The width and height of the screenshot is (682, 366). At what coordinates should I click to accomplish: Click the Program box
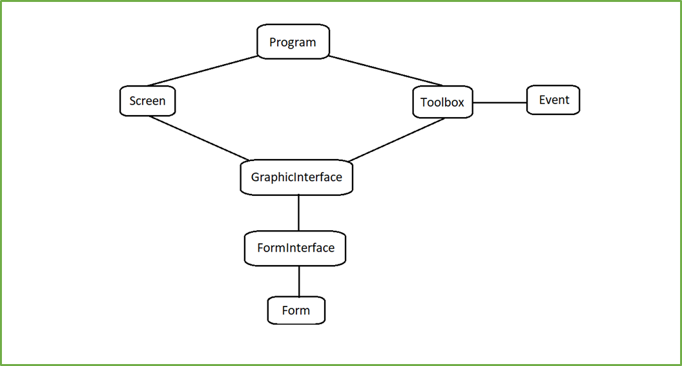[293, 42]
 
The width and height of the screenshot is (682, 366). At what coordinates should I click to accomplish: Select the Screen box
[148, 101]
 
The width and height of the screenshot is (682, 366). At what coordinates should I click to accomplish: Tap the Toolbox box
[442, 102]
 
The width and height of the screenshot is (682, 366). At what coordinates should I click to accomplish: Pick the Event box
[553, 100]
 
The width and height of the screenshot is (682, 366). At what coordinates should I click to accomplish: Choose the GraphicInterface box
[296, 177]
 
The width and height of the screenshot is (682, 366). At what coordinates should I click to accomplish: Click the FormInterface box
[296, 248]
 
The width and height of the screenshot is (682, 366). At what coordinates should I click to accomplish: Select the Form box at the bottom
[296, 310]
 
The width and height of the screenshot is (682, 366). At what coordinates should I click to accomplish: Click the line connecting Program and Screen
[203, 70]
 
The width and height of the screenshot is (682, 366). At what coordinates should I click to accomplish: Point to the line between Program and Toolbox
[386, 70]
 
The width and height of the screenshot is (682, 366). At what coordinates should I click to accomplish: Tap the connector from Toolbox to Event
[500, 102]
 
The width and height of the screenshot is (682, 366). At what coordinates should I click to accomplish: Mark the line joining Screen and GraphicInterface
[199, 138]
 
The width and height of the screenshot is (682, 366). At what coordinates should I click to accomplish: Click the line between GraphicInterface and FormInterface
[298, 212]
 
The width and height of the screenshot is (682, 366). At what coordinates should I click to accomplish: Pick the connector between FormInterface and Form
[298, 281]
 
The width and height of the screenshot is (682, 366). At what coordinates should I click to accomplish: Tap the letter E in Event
[542, 100]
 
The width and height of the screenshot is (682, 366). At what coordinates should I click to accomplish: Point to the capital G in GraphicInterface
[256, 177]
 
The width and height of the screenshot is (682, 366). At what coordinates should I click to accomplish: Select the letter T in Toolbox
[424, 102]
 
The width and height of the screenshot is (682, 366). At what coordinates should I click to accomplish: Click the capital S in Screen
[133, 101]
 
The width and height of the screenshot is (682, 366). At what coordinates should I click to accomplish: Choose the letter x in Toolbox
[460, 103]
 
